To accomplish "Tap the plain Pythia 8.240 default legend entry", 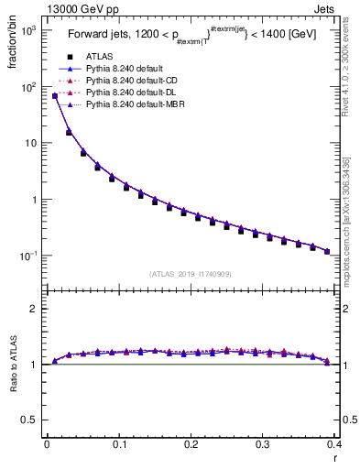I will [x=119, y=69].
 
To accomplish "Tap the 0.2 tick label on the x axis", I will [x=191, y=444].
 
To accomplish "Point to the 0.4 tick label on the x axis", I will [x=334, y=444].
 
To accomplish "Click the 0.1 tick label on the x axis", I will [x=119, y=444].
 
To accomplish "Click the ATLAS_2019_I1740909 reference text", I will [x=191, y=274].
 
